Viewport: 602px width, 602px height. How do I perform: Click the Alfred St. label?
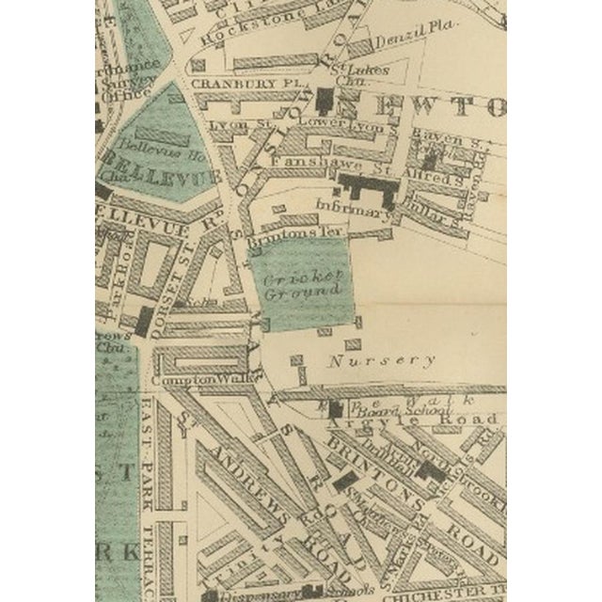(429, 175)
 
